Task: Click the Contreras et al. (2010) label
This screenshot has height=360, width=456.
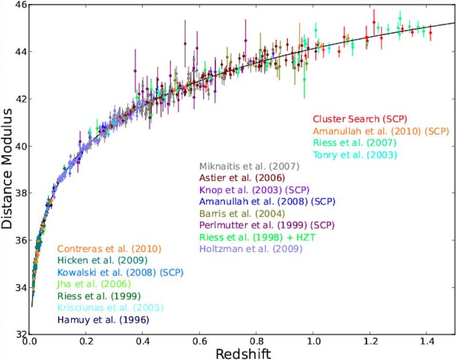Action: tap(109, 249)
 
